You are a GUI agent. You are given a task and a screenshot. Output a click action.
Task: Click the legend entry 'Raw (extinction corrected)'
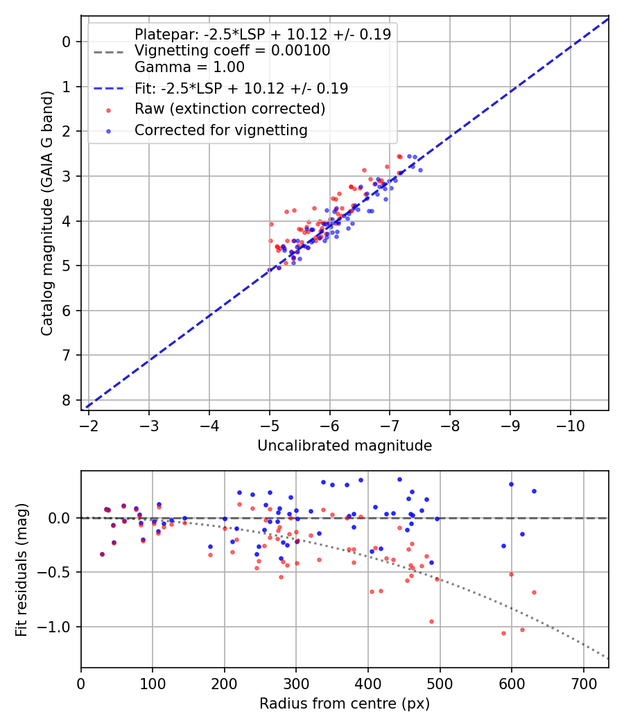229,109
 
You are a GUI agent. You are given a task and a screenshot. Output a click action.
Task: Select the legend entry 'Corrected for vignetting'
220,130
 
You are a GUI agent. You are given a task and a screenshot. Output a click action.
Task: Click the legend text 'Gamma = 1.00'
189,67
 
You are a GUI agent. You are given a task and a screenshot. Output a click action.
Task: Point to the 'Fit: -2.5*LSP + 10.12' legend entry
241,88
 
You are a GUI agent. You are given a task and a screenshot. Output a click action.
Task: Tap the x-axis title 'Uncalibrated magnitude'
345,446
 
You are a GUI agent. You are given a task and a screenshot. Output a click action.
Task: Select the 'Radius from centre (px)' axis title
345,704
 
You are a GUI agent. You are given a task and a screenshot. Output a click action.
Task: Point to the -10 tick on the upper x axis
571,424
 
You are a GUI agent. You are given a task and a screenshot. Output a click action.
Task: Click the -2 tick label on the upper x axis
89,424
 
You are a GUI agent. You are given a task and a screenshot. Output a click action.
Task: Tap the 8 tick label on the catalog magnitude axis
67,400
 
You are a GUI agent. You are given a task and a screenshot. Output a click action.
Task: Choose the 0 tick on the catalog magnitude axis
67,42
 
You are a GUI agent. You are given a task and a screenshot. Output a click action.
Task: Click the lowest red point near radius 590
503,633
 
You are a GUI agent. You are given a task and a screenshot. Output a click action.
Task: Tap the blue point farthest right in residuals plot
534,491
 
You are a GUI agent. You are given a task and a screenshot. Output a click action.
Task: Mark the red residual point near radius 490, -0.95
431,621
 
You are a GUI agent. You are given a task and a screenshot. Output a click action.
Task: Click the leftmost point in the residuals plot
102,554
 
